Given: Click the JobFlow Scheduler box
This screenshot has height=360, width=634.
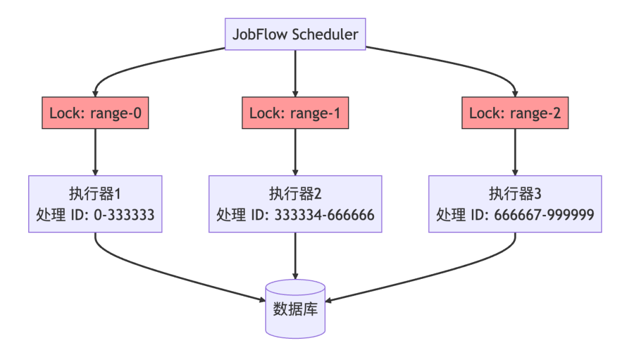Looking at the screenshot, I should point(295,34).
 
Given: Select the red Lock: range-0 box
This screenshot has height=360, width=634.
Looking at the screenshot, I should point(95,113).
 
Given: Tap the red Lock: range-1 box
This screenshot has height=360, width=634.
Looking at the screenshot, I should point(295,113).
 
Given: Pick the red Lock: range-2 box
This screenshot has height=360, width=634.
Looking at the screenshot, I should point(515,113).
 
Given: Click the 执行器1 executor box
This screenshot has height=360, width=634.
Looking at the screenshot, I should point(95,204).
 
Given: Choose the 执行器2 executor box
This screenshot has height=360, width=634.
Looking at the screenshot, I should point(295,204).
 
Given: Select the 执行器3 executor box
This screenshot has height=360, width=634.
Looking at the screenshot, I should point(515,204).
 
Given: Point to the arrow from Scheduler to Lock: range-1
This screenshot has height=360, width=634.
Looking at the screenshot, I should point(295,73).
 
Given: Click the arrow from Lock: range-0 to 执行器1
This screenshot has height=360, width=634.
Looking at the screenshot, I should point(95,152).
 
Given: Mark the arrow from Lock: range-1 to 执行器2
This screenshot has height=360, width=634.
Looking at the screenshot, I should point(295,152).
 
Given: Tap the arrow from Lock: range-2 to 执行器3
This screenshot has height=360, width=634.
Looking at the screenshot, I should point(515,152).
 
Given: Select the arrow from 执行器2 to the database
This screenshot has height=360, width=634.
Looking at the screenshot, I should point(295,255).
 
